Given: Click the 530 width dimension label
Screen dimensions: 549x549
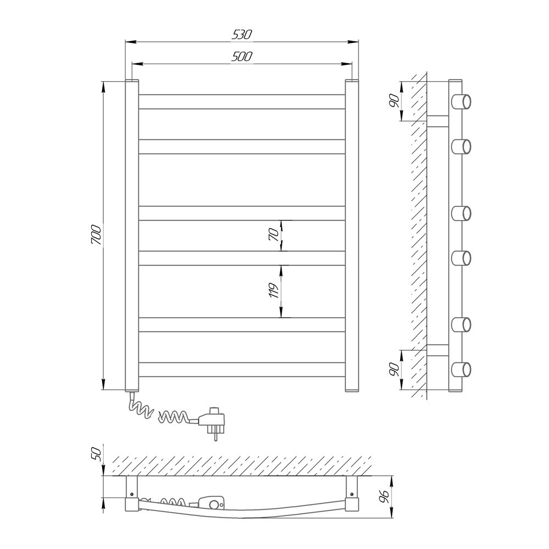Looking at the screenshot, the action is point(242,34).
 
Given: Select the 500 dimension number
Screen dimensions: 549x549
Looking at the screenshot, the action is point(242,57).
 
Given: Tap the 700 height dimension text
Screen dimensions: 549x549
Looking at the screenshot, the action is point(96,235).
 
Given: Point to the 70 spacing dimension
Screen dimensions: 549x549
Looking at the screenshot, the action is point(275,235).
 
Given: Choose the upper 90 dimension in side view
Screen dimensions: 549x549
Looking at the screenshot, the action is point(394,101).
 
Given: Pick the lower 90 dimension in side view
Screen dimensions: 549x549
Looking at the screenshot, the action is point(394,369).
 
